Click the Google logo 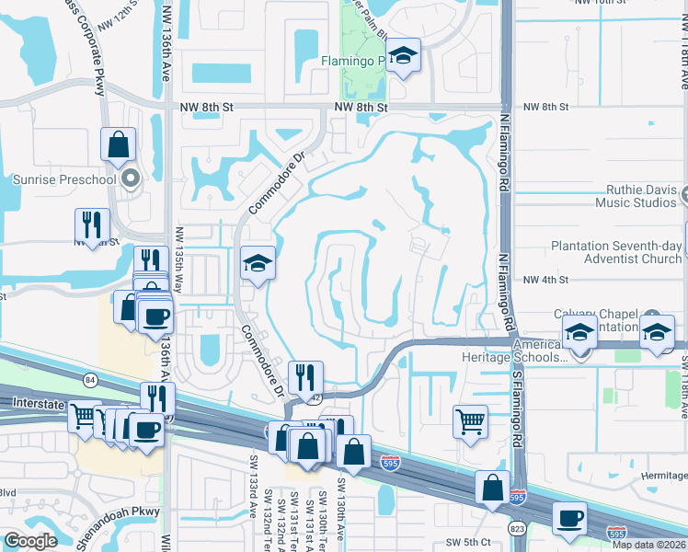click(x=30, y=541)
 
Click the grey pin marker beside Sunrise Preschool click(x=130, y=178)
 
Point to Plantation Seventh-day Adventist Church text click(x=616, y=253)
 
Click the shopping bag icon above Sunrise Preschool click(x=119, y=144)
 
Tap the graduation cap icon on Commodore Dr click(x=258, y=264)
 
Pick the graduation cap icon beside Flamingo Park click(x=403, y=56)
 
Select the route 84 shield click(x=89, y=378)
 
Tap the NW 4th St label click(x=546, y=280)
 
